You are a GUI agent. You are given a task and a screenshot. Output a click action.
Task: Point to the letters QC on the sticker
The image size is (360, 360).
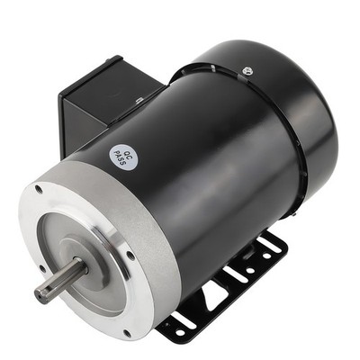click(x=129, y=153)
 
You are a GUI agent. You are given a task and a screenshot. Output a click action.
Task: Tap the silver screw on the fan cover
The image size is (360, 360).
click(x=247, y=69)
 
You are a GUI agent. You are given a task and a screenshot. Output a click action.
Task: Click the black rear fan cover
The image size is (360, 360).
click(x=297, y=117)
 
